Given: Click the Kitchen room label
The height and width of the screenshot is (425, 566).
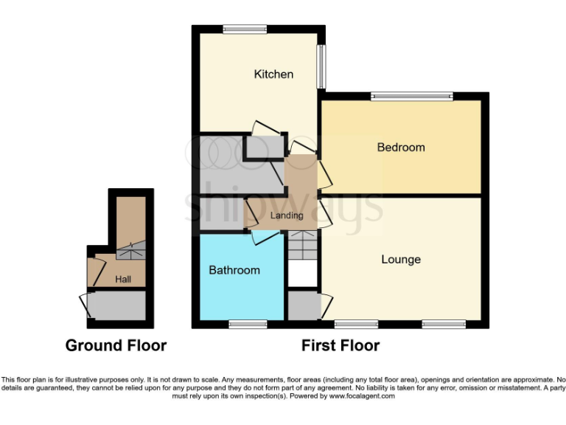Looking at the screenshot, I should pos(273,74).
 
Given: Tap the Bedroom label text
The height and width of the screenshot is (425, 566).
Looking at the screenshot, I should pos(401,148).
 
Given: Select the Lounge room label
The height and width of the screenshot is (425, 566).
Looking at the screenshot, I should pos(401,259).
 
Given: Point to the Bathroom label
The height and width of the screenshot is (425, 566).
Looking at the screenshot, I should pos(234,270).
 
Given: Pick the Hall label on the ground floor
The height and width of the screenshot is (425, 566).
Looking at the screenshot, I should pos(123,280).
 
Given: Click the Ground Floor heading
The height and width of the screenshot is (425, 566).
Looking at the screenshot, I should pos(116,345).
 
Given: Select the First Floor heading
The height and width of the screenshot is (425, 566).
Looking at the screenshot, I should pos(340,345).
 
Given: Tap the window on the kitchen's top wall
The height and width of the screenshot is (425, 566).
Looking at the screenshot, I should pos(245,30).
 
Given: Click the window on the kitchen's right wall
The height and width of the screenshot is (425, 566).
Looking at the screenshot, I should pos(321,67).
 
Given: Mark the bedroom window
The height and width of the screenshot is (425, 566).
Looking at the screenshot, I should pos(411,95).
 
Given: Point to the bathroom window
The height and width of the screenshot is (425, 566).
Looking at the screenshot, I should pos(247,323).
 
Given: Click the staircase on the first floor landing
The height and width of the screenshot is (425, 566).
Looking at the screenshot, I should pos(301,245).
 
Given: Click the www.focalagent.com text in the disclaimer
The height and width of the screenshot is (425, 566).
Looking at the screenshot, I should pos(357,396).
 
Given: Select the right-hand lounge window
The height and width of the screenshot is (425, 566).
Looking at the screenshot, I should pos(444,323).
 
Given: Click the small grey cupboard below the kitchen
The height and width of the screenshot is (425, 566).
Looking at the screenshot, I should pos(264,148).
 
